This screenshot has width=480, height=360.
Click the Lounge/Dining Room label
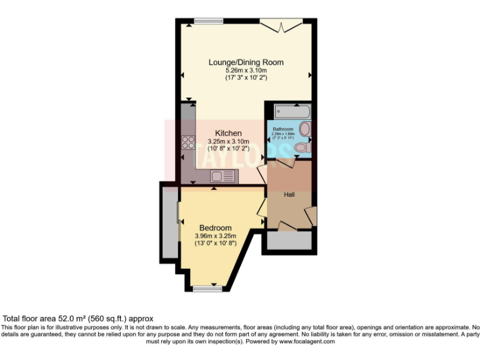246,62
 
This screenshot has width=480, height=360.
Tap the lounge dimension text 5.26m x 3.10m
246,70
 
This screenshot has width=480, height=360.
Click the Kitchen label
228,133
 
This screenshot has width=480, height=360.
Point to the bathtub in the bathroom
292,112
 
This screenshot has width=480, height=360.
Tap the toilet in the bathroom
301,148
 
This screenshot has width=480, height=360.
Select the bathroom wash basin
304,130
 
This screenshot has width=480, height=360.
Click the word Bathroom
282,129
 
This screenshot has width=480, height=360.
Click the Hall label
289,195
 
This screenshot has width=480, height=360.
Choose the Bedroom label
216,227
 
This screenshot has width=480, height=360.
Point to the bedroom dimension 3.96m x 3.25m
216,236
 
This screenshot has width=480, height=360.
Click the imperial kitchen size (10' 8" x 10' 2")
228,149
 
